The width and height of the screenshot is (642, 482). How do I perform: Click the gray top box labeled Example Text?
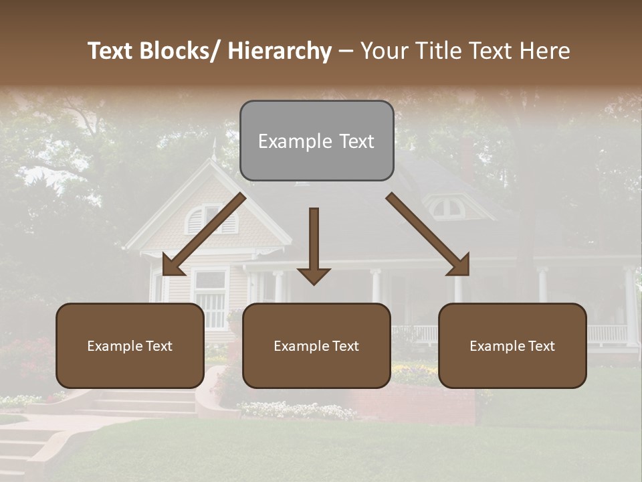316,141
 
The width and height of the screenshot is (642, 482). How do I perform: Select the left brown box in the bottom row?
130,345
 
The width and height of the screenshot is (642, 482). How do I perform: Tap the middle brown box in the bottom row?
316,345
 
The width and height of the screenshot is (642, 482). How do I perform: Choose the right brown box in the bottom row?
512,345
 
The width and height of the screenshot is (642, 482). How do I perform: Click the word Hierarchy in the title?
280,51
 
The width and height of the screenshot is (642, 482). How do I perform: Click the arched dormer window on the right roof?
447,207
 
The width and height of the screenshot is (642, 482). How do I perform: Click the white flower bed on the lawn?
298,409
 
